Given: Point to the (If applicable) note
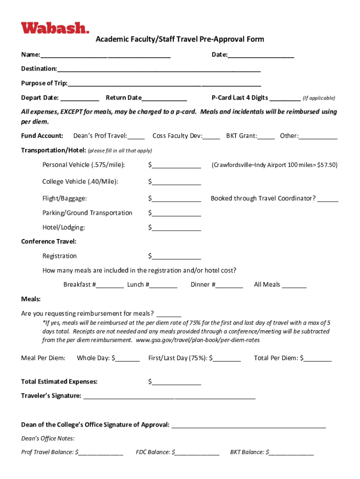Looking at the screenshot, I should (x=318, y=98).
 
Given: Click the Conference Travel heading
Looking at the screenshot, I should (x=49, y=241).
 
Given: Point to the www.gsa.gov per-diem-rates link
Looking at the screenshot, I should (x=198, y=340).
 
